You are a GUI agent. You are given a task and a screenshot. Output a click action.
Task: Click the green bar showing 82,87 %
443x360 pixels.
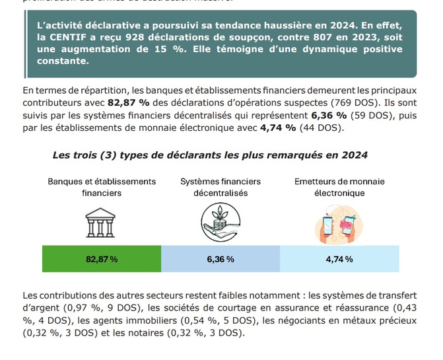click(x=101, y=259)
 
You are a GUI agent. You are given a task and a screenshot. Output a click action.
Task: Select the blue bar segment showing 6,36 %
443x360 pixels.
click(x=221, y=259)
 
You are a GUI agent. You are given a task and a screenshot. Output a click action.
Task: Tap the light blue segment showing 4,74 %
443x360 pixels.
click(x=339, y=259)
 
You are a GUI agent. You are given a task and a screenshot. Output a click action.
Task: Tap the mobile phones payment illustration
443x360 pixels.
click(x=339, y=223)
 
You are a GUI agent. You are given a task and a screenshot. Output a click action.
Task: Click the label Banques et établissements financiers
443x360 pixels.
click(x=102, y=188)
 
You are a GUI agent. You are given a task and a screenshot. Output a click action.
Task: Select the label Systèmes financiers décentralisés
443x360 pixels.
click(x=221, y=188)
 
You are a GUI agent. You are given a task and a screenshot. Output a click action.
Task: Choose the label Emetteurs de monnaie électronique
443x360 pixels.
click(x=339, y=188)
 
